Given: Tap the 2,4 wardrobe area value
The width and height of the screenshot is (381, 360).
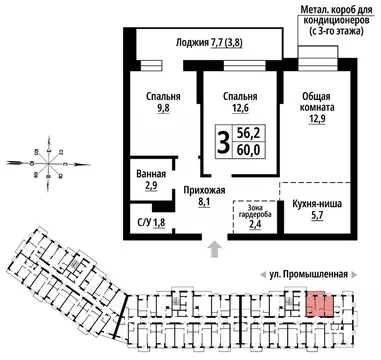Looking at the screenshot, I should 255,224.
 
